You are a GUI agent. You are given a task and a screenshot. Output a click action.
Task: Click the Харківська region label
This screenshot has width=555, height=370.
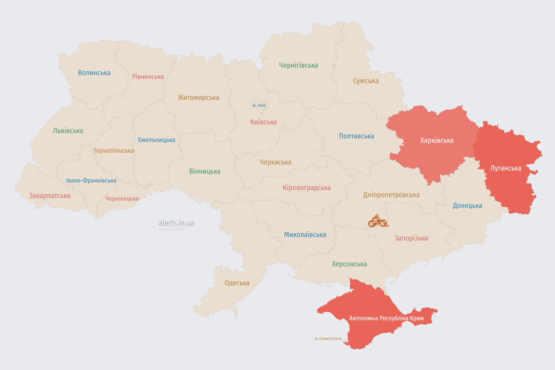[436, 141]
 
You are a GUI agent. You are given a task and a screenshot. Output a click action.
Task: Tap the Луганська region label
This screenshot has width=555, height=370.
[505, 168]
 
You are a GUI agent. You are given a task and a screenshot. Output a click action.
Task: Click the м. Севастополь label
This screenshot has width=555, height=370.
[328, 339]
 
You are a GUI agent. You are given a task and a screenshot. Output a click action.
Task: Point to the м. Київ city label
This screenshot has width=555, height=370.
[259, 106]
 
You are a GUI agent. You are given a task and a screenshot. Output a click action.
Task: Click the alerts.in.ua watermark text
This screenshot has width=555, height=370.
[176, 223]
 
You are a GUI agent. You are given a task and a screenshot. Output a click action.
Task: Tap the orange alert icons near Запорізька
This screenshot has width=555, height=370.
[378, 222]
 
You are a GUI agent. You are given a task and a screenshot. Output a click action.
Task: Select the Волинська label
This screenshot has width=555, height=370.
[94, 73]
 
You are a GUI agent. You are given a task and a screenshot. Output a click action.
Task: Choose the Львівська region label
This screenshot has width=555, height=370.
[68, 131]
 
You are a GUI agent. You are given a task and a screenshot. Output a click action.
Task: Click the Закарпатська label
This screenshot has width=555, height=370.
[50, 196]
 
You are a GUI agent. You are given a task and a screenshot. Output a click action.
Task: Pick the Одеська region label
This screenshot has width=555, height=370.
[237, 283]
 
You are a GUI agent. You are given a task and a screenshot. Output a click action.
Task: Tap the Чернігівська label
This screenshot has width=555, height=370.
[298, 65]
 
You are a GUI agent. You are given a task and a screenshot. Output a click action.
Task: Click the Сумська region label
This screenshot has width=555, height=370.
[366, 81]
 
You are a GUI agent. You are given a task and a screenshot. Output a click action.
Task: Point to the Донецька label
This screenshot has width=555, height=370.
[467, 206]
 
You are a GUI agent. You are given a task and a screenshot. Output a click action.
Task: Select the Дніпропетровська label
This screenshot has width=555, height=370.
[391, 195]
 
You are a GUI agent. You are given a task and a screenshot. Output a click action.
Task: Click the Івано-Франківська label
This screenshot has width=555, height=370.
[91, 181]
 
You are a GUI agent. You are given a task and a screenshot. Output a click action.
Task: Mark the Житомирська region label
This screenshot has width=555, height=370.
[198, 97]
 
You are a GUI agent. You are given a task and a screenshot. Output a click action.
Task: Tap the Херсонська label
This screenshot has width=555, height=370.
[349, 264]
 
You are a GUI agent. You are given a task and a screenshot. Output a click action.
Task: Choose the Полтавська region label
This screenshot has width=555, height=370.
[357, 136]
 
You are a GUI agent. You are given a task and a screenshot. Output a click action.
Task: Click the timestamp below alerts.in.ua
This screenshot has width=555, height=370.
[171, 230]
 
